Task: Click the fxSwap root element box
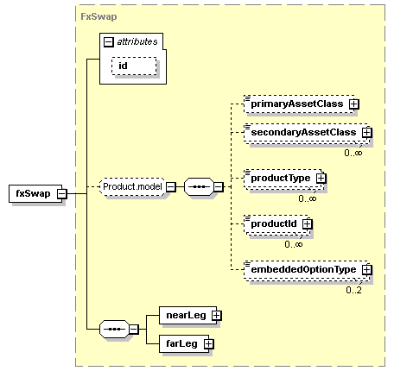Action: pos(35,193)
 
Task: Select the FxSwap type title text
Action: pos(98,16)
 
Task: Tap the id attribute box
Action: pos(134,66)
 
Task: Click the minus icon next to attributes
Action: pos(109,42)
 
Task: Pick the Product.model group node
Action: pos(132,187)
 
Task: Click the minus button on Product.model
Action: pos(171,187)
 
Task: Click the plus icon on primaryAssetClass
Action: pos(354,104)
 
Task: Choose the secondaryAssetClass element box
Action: pos(306,133)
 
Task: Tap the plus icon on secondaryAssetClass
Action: pos(367,133)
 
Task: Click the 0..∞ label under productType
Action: pos(308,198)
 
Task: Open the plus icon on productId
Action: pos(308,223)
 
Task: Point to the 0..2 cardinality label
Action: pos(353,290)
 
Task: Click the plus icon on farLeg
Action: pos(209,344)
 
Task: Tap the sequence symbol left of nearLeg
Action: pos(114,329)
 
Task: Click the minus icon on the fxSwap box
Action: pos(61,194)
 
